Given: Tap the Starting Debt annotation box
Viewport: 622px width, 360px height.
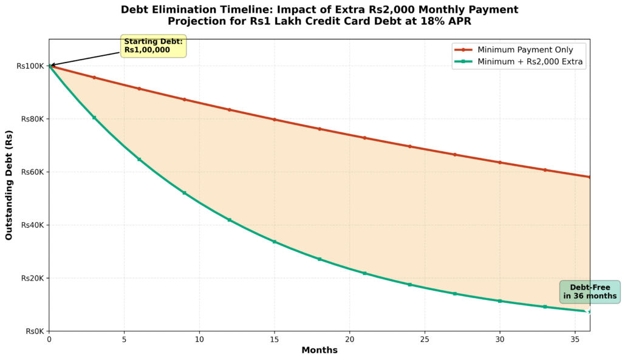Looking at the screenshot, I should pos(154,46).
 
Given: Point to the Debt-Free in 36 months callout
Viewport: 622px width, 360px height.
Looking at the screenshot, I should pos(590,292).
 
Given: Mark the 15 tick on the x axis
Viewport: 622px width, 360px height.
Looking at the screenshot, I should pos(275,339).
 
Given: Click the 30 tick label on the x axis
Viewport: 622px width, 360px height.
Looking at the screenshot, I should pos(499,339).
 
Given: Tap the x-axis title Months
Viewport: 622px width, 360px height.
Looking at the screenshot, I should pos(320,350).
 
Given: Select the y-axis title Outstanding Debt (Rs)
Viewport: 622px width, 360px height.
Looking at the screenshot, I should pos(9,185).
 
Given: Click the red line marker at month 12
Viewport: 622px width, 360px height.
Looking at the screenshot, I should pos(229,109).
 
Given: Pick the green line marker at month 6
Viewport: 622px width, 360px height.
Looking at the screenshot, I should pos(139,159).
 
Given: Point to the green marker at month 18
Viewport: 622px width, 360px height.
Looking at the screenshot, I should pos(320,259).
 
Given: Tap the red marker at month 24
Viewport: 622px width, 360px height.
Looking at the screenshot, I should pos(409,146).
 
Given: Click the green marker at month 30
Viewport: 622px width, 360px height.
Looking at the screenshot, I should pos(499,301).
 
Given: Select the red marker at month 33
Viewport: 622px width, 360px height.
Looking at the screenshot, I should pos(545,170).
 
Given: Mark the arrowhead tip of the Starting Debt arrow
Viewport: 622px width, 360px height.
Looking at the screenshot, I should pos(50,65).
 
